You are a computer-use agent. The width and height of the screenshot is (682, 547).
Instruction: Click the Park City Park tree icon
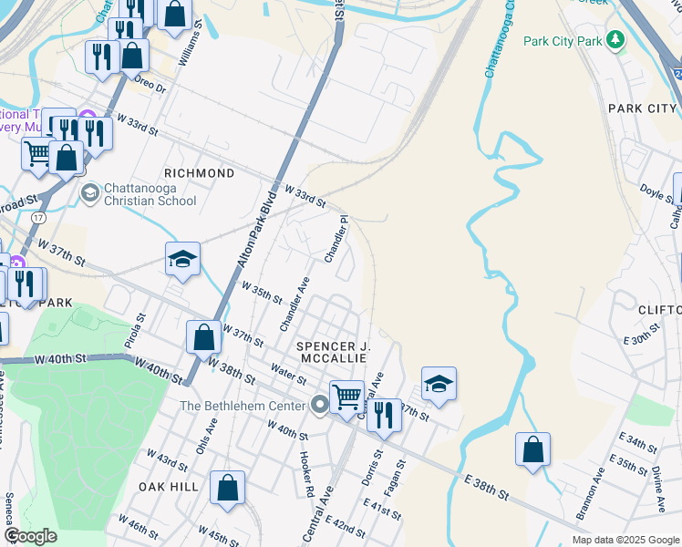point(617,41)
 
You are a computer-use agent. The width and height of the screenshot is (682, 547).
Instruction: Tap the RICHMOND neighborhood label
point(199,173)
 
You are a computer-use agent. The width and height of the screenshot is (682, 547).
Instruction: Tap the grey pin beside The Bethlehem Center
point(319,405)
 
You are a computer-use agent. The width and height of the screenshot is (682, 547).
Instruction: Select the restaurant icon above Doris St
point(384,416)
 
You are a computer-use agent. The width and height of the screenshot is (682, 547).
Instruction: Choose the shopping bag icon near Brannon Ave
point(532,450)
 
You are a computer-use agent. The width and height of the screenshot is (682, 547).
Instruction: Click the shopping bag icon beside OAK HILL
point(227,488)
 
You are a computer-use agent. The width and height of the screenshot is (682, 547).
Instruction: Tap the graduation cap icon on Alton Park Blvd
point(182,261)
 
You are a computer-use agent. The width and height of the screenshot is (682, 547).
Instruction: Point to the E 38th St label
point(485,487)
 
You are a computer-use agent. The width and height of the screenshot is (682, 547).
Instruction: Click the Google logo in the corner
point(30,536)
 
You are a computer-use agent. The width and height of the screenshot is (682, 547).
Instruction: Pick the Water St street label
point(288,375)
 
